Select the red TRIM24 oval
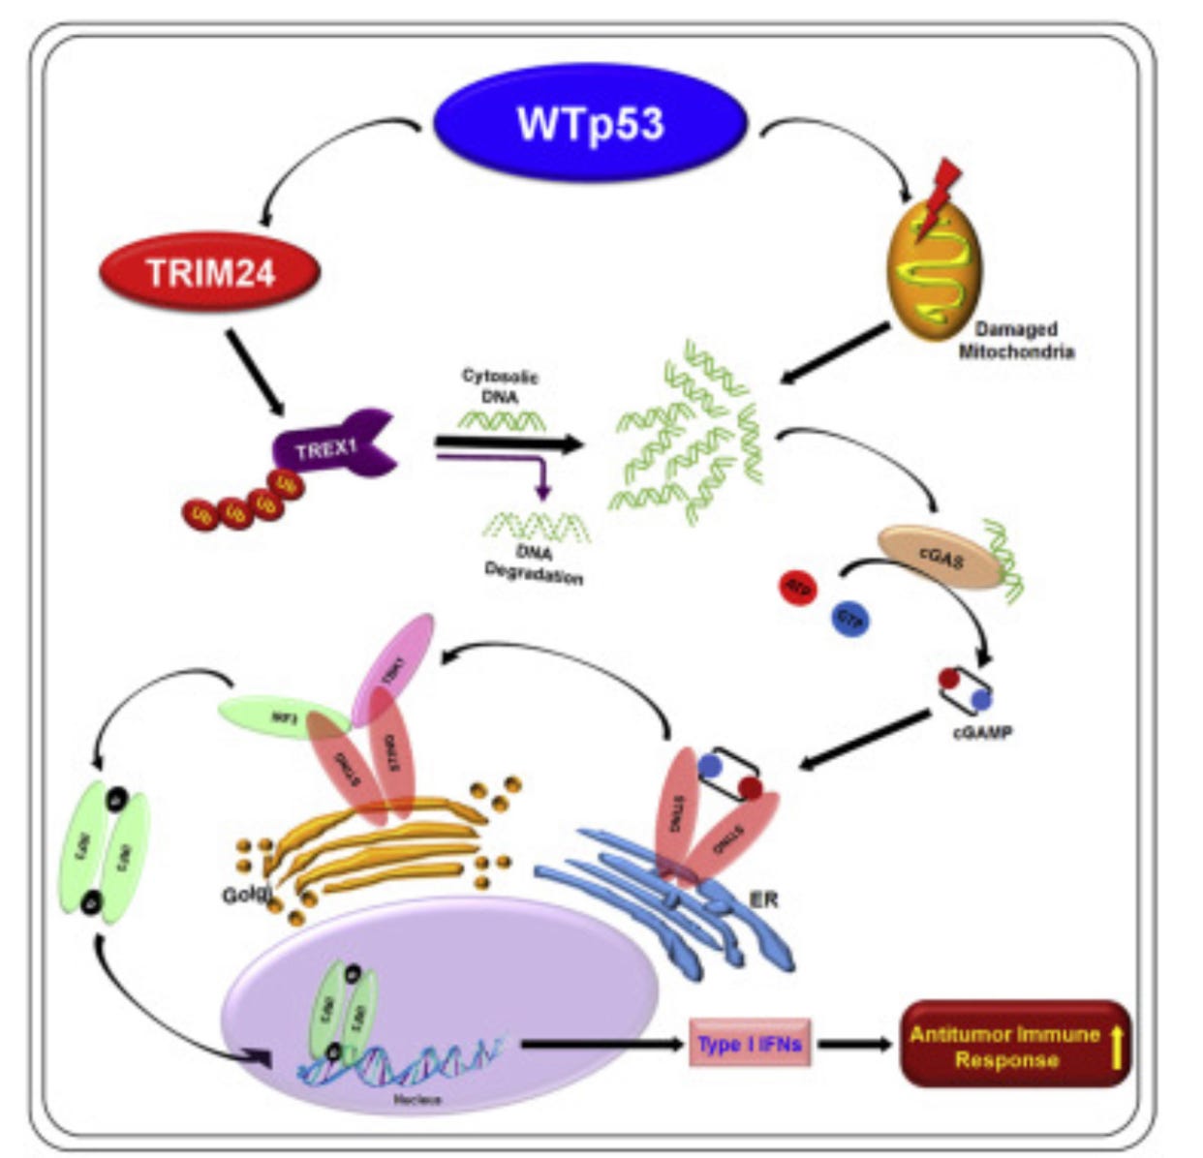pyautogui.click(x=210, y=273)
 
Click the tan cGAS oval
pyautogui.click(x=939, y=558)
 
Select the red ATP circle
pyautogui.click(x=800, y=587)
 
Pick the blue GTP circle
pyautogui.click(x=850, y=618)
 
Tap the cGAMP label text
pyautogui.click(x=981, y=732)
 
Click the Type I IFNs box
pyautogui.click(x=749, y=1044)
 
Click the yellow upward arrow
pyautogui.click(x=1116, y=1046)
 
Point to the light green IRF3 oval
pyautogui.click(x=283, y=718)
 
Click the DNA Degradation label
pyautogui.click(x=534, y=566)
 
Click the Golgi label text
pyautogui.click(x=247, y=895)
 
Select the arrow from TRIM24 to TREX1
pyautogui.click(x=256, y=371)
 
